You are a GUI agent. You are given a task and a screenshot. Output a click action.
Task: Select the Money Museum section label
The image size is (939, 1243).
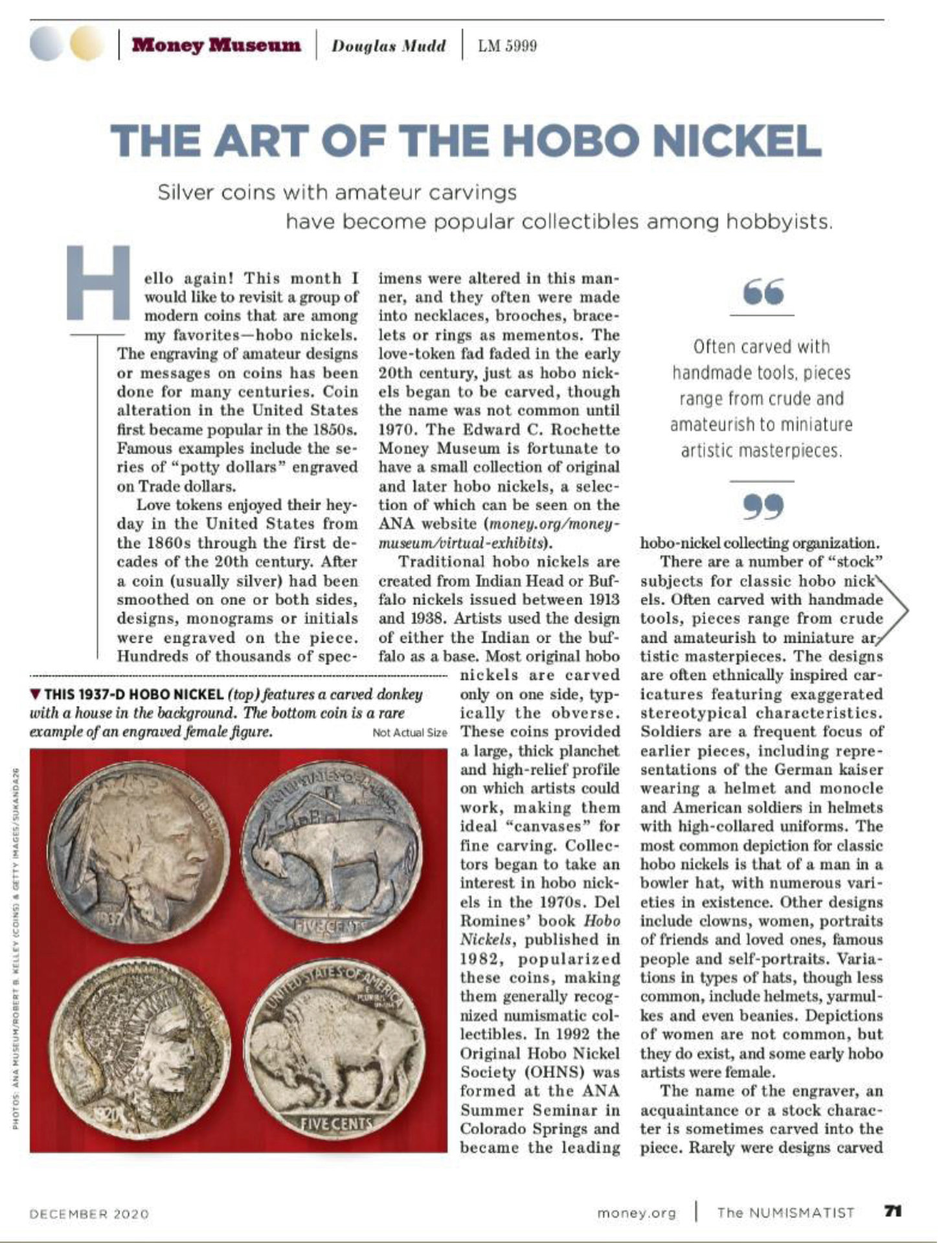pyautogui.click(x=216, y=45)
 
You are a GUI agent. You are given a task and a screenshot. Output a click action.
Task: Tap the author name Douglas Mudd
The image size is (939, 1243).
pyautogui.click(x=389, y=46)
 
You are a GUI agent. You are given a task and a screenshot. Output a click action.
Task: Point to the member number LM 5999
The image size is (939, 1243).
pyautogui.click(x=507, y=46)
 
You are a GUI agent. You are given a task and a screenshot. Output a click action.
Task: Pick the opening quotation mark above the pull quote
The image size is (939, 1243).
pyautogui.click(x=764, y=291)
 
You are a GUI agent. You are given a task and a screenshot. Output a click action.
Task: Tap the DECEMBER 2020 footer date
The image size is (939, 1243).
pyautogui.click(x=89, y=1213)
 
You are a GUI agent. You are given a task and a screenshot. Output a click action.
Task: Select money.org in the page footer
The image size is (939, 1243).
pyautogui.click(x=636, y=1213)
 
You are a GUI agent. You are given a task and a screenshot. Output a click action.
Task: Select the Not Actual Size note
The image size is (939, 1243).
pyautogui.click(x=409, y=732)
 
